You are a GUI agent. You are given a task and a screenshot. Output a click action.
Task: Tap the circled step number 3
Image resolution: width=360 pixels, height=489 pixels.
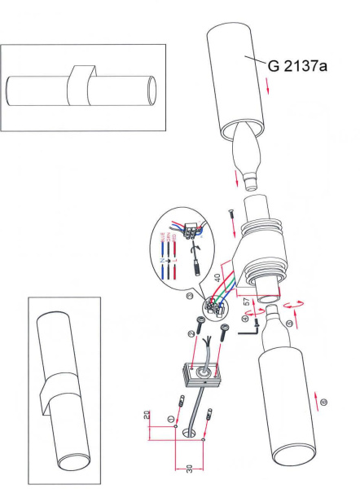[189, 297]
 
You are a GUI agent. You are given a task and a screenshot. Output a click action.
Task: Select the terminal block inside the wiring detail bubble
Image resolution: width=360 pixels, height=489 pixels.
[194, 229]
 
